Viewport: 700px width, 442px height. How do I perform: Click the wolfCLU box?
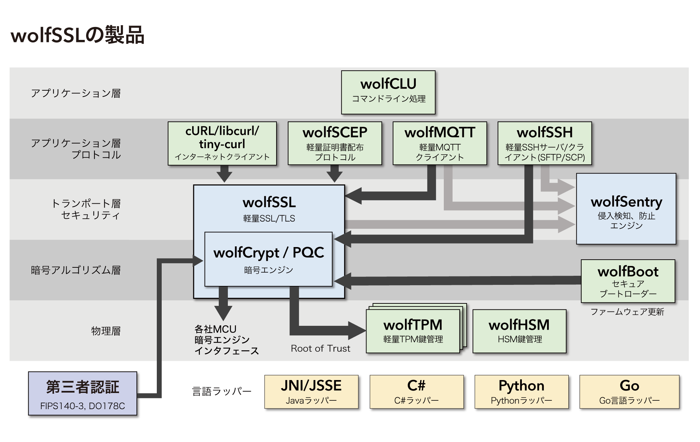tap(388, 92)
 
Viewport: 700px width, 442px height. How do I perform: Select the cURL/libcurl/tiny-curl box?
tap(222, 143)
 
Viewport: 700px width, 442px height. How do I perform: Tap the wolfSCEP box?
tap(335, 143)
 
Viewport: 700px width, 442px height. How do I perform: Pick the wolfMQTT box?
tap(440, 143)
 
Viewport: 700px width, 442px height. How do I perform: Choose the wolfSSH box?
tap(545, 143)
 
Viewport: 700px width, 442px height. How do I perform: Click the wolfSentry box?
tap(626, 209)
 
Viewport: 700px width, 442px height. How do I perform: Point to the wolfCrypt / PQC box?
tap(268, 259)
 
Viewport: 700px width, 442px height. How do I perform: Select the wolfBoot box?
tap(628, 281)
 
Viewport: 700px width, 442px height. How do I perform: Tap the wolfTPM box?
tap(413, 331)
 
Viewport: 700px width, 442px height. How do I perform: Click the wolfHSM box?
tap(519, 331)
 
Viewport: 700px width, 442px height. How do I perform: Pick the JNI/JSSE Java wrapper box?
tap(311, 392)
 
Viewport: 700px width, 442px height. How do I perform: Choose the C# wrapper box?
tap(416, 392)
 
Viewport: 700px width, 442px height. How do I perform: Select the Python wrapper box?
tap(521, 392)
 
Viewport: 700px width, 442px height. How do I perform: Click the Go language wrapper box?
tap(629, 392)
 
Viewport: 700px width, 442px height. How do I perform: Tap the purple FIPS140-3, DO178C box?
tap(83, 394)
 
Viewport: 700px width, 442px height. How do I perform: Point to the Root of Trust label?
tap(320, 349)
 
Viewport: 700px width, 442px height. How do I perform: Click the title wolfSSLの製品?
tap(78, 35)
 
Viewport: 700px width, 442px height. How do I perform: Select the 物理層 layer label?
tap(106, 331)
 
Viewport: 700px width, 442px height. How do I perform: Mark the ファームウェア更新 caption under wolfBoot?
tap(627, 312)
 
